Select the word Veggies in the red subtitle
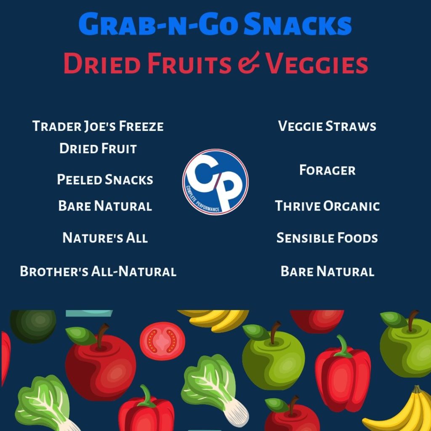click(x=317, y=64)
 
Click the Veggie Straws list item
click(x=327, y=126)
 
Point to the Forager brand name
click(x=327, y=170)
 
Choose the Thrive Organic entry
click(x=327, y=206)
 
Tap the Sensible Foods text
click(x=327, y=238)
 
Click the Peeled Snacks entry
click(x=105, y=179)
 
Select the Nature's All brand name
click(x=105, y=238)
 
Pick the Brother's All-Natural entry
click(x=98, y=271)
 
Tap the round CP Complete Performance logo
click(x=215, y=182)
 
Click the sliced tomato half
click(x=162, y=341)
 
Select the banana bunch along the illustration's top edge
click(x=213, y=320)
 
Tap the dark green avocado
click(x=33, y=326)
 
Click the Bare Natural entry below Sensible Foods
click(x=327, y=271)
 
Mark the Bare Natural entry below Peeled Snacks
click(x=105, y=206)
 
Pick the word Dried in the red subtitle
click(x=102, y=64)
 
